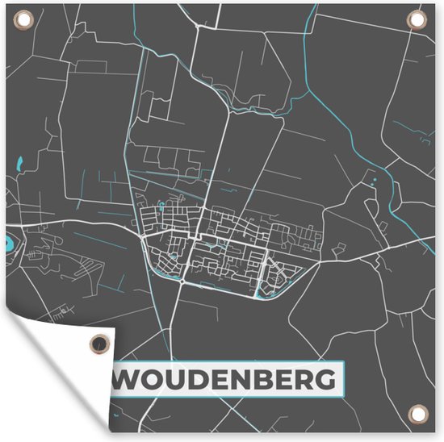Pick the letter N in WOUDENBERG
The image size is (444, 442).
coord(247,378)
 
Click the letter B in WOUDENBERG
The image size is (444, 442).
coord(270,378)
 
